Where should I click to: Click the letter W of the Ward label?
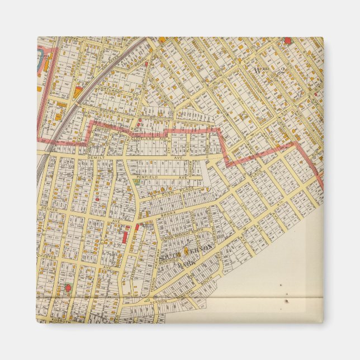click(258, 69)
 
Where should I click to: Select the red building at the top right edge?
click(287, 40)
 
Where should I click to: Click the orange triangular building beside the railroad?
click(77, 92)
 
